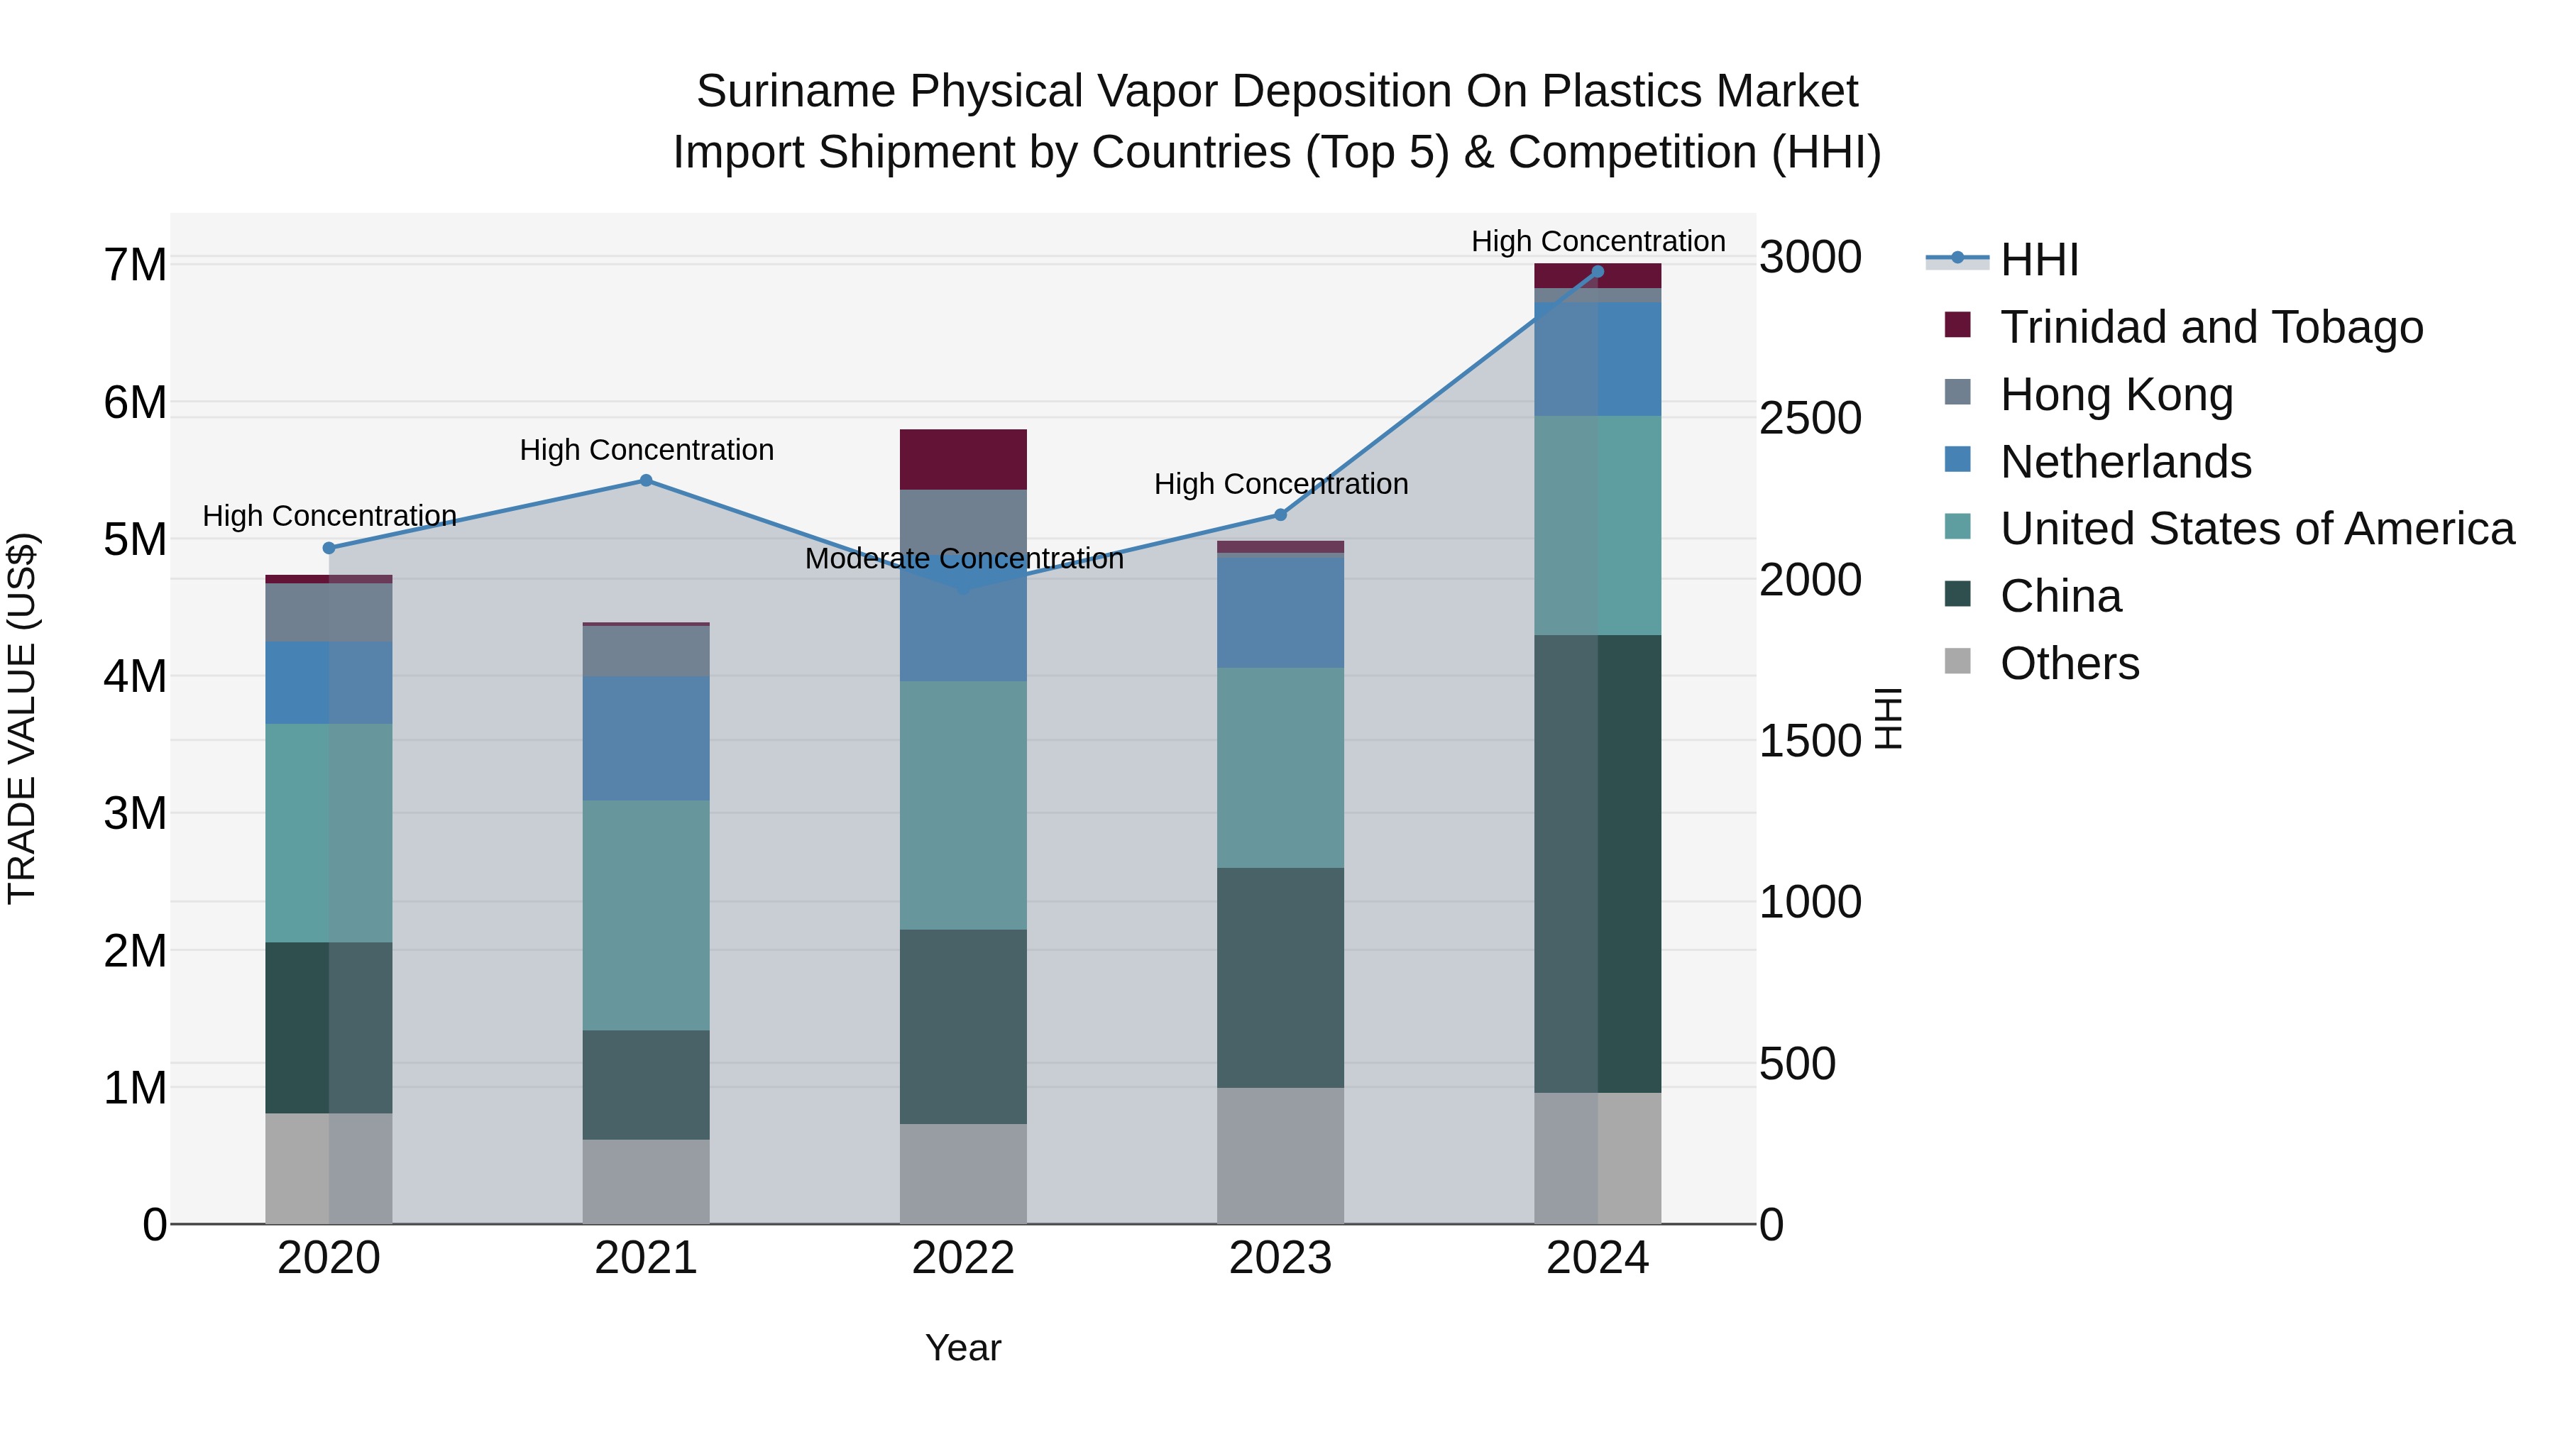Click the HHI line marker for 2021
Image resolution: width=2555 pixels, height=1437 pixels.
pyautogui.click(x=646, y=481)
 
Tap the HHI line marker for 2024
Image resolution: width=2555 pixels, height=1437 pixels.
pyautogui.click(x=1597, y=272)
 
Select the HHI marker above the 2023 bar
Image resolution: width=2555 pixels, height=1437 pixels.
pyautogui.click(x=1280, y=514)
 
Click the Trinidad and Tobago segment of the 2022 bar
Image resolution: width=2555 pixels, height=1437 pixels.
pyautogui.click(x=962, y=459)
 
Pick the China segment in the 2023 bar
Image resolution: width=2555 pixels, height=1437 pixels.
pyautogui.click(x=1280, y=978)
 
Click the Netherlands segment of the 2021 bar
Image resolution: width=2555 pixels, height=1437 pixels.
pyautogui.click(x=646, y=738)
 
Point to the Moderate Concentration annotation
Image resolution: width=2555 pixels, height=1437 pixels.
pyautogui.click(x=963, y=559)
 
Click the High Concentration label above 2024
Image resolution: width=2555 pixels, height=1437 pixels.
pyautogui.click(x=1597, y=242)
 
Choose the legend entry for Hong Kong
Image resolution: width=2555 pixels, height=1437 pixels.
pyautogui.click(x=2116, y=395)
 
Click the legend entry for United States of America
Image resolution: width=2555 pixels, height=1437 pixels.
pyautogui.click(x=2256, y=529)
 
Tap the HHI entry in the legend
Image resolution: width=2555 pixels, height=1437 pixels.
pyautogui.click(x=2038, y=260)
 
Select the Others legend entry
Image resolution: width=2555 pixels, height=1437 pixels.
pyautogui.click(x=2069, y=664)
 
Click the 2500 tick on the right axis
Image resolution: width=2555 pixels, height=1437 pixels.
pyautogui.click(x=1810, y=419)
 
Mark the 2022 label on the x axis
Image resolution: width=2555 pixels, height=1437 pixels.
pyautogui.click(x=962, y=1258)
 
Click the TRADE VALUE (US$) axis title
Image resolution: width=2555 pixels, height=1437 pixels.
pyautogui.click(x=22, y=718)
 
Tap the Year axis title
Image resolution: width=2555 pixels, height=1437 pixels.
pyautogui.click(x=962, y=1348)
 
